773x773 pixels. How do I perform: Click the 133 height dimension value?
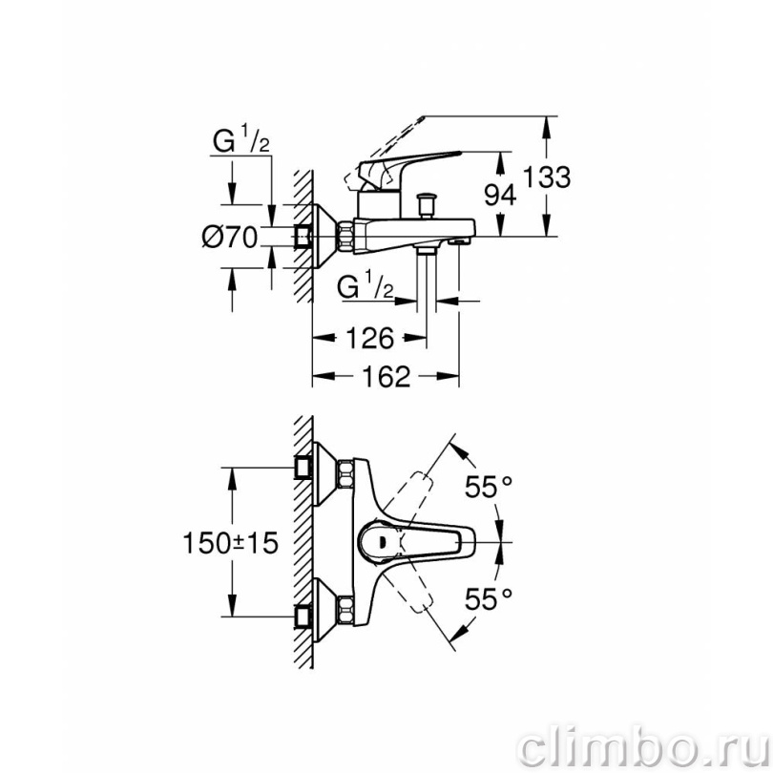tap(546, 177)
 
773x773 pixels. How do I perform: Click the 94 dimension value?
tap(499, 195)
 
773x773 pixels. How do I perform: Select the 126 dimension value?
tap(369, 338)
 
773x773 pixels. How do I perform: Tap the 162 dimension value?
tap(386, 376)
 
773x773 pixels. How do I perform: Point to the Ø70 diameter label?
tap(230, 237)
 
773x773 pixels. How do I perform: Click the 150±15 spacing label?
tap(230, 543)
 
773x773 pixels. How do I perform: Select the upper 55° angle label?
tap(489, 487)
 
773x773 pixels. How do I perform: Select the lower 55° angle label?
tap(489, 598)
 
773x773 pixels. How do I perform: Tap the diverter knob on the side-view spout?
tap(426, 204)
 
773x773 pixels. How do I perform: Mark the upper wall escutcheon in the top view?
tap(324, 473)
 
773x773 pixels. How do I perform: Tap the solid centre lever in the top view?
tap(417, 542)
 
